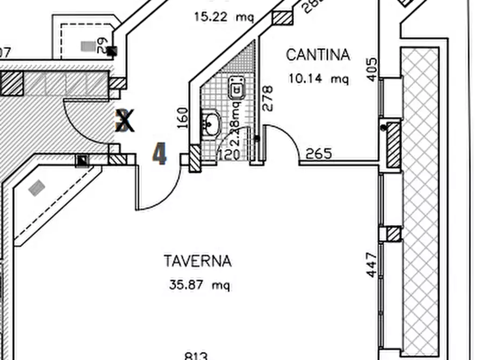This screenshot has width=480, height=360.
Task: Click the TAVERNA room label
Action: pos(197,262)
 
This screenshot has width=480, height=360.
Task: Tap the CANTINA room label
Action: pos(318,55)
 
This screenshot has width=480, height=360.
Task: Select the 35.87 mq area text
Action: pos(199,285)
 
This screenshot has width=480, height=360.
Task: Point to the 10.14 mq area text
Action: pos(318,79)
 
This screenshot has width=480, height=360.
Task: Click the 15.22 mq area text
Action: pos(224,17)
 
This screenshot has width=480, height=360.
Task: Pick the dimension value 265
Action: pos(319,154)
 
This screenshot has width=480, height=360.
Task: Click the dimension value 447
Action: pos(371,265)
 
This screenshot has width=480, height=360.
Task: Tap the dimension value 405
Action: pos(371,70)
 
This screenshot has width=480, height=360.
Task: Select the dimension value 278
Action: pos(268,98)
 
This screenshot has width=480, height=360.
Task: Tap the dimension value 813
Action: pos(196,356)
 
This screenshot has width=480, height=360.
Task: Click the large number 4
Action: pos(160,154)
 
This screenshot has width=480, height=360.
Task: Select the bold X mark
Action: pos(125,121)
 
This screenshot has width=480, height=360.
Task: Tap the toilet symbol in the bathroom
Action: pos(236,88)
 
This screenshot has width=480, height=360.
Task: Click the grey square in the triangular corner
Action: pos(37,188)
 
